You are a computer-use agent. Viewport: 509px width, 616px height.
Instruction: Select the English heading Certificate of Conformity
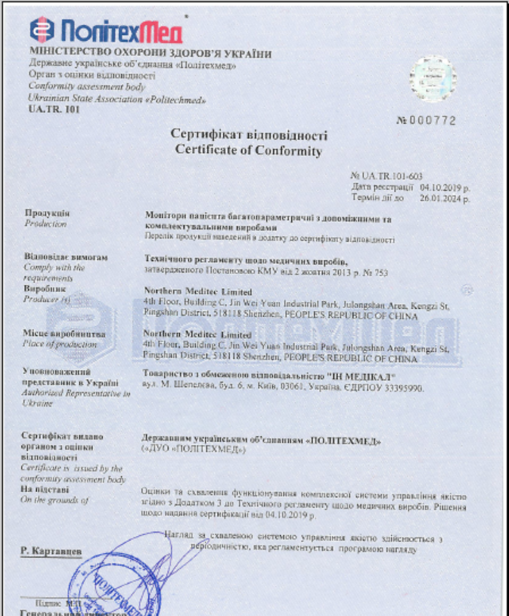[x=249, y=151]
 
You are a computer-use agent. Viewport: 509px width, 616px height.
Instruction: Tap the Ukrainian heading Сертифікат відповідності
[x=249, y=135]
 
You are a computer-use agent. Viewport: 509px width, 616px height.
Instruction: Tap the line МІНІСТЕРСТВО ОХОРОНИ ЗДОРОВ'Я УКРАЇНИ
[x=150, y=54]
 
